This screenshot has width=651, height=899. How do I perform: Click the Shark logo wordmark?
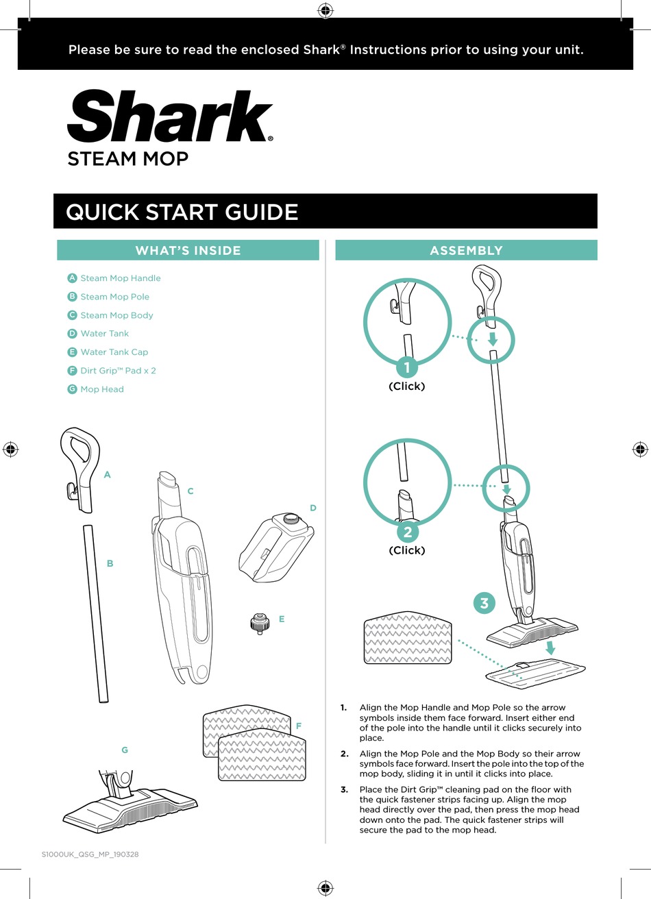click(169, 117)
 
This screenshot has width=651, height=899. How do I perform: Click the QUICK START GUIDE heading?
click(182, 212)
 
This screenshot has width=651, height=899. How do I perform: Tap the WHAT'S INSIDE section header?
click(188, 251)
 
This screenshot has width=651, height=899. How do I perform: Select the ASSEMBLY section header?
click(466, 251)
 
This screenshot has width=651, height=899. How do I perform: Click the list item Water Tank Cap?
click(114, 352)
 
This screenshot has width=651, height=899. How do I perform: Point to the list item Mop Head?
click(102, 389)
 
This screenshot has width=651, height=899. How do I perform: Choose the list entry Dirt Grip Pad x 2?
click(118, 371)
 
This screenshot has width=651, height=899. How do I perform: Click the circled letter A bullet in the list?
click(72, 278)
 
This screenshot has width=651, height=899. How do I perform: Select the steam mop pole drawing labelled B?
click(95, 613)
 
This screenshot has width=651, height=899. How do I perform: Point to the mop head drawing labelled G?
click(130, 802)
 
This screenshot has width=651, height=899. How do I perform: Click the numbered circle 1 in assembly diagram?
click(407, 367)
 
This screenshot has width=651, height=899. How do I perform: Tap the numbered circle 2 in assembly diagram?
click(407, 532)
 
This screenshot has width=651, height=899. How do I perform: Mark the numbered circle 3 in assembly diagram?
click(484, 603)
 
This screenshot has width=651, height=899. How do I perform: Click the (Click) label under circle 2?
click(407, 550)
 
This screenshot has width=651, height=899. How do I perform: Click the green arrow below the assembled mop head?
click(550, 648)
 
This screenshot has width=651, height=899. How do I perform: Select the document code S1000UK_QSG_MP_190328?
click(90, 854)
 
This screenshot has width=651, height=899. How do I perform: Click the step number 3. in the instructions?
click(345, 789)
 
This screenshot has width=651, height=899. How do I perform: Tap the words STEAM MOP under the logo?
click(127, 159)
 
